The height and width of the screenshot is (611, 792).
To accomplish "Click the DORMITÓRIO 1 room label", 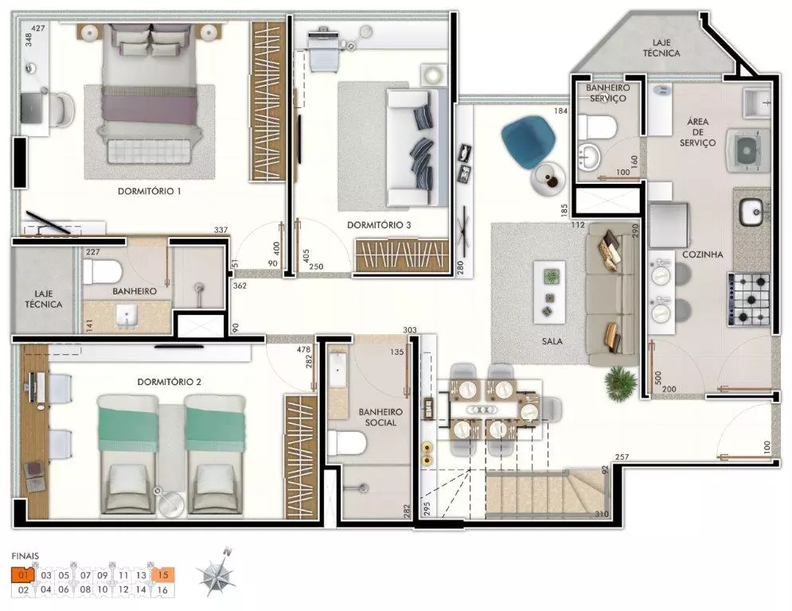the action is point(149,192).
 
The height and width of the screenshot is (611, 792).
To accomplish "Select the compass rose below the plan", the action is point(217,572).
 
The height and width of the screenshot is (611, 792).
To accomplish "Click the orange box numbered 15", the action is point(162,574).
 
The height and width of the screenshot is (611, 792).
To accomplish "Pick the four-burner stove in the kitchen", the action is point(748,299).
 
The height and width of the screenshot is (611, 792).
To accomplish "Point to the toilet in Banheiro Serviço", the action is point(596,127).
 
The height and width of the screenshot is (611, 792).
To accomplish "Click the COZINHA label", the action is point(703,255).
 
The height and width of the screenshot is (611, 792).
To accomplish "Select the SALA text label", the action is point(552,341).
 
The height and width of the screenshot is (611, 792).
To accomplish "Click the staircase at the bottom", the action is point(545,494).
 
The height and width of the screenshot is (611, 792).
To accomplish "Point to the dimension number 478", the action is point(303,349).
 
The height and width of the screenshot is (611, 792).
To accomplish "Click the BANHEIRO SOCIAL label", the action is point(380,417).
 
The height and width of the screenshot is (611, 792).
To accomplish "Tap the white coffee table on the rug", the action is point(549,292).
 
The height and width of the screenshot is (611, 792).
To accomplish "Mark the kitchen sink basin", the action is point(751,212).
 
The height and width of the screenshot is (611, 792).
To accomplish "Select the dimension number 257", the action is point(622,457).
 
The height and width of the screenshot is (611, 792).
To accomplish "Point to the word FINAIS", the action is point(25,556).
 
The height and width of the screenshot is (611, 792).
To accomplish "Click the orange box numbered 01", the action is point(22,574).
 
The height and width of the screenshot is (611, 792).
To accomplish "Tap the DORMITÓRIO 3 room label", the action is point(379,225).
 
